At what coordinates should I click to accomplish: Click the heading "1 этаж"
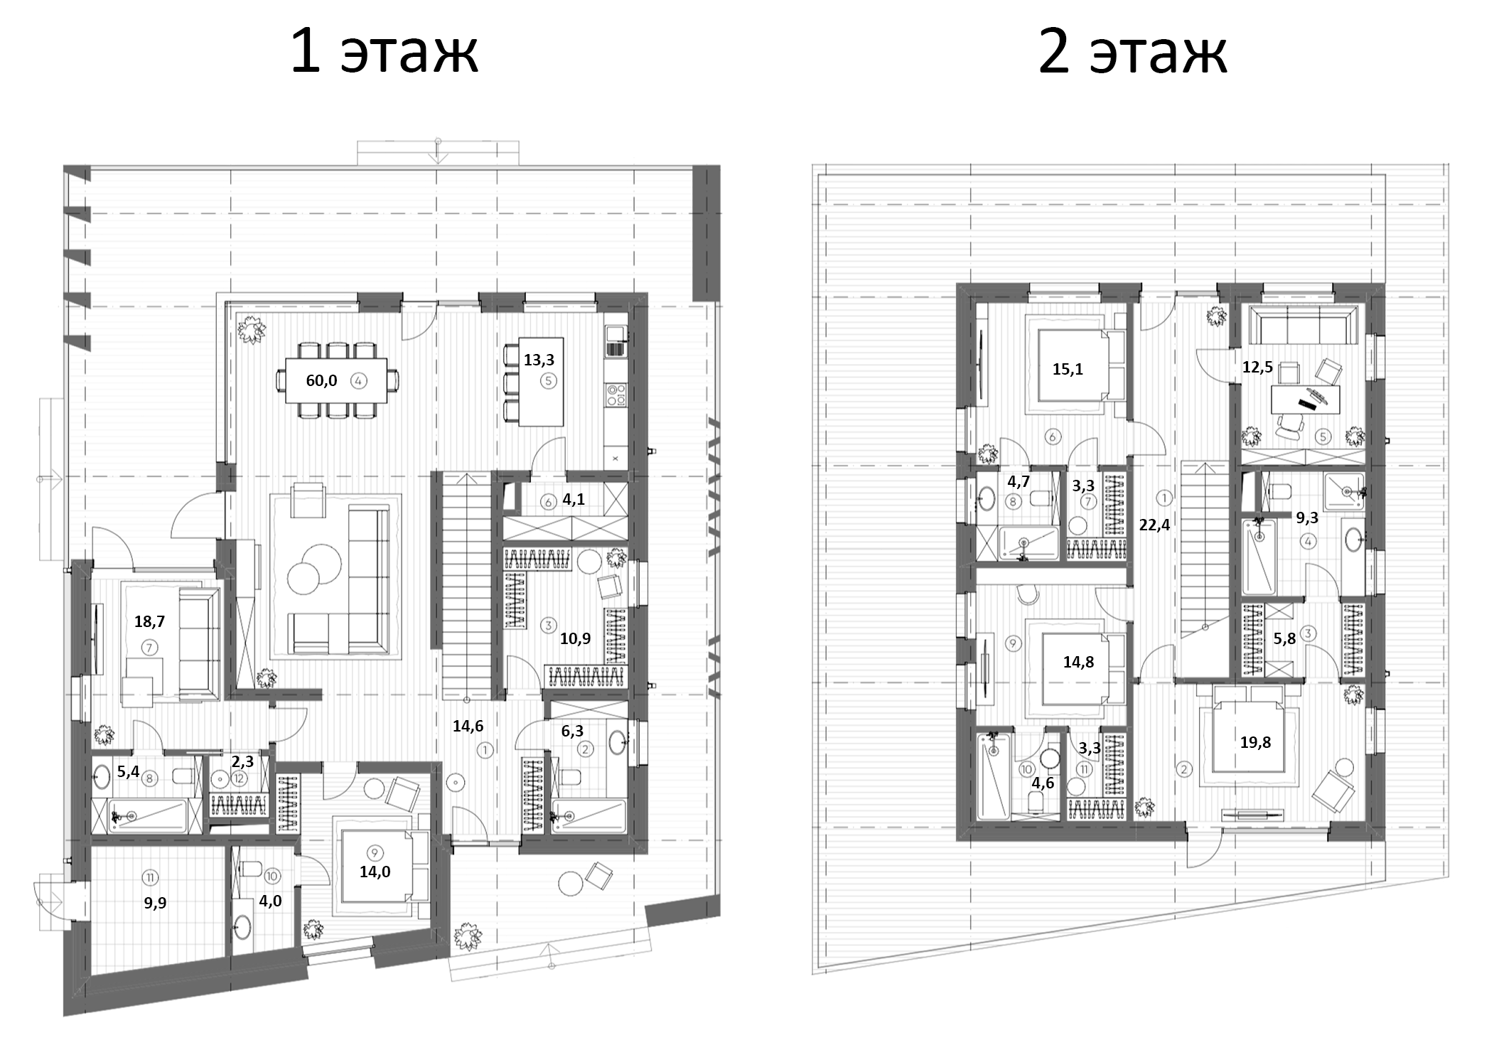tap(385, 51)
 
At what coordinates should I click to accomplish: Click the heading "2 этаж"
tap(1132, 51)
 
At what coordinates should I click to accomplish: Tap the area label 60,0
tap(321, 381)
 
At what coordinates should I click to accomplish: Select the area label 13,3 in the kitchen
tap(539, 360)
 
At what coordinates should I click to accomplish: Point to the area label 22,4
tap(1154, 525)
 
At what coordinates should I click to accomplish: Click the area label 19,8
tap(1255, 742)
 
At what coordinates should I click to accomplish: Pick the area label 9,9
tap(155, 904)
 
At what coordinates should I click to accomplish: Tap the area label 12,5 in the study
tap(1257, 368)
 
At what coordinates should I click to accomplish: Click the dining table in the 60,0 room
tap(337, 381)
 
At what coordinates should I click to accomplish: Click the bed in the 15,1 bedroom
tap(1072, 367)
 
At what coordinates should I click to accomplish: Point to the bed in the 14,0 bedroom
tap(375, 872)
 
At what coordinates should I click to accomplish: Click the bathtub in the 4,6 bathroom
tap(994, 776)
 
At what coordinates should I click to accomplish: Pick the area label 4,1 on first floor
tap(574, 500)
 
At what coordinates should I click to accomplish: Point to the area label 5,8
tap(1284, 639)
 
